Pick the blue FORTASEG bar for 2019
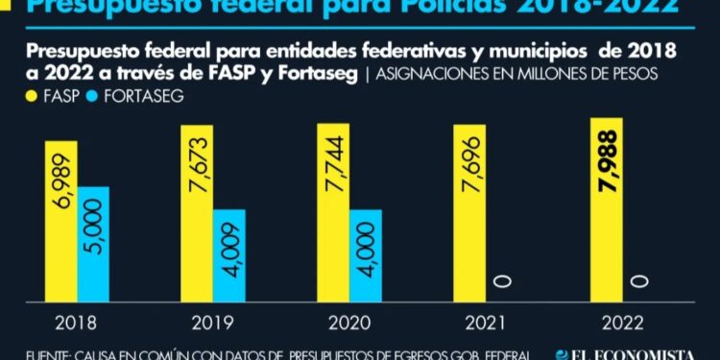229,253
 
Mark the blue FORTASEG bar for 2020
366,253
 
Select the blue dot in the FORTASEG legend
92,96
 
